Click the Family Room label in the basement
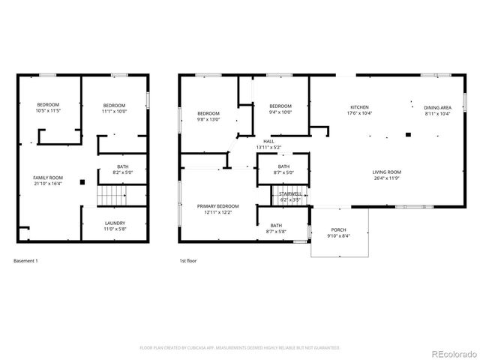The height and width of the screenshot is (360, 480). click(47, 180)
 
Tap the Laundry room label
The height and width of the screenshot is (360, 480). click(115, 225)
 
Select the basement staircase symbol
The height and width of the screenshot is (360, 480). click(111, 196)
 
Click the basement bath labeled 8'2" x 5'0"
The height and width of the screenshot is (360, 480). click(122, 169)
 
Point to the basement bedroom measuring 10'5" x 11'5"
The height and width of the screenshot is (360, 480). click(48, 107)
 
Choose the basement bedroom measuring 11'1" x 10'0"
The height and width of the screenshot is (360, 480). click(114, 107)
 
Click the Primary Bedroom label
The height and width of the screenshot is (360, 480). click(217, 208)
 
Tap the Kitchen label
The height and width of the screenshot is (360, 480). click(360, 109)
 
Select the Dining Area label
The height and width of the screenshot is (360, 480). click(437, 109)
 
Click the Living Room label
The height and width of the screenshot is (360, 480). click(387, 175)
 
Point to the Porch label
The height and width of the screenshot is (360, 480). click(339, 232)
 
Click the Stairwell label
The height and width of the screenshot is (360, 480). click(289, 196)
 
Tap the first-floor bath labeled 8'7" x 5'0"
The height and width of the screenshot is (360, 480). click(283, 169)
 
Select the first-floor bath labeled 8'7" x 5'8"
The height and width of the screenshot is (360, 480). click(276, 228)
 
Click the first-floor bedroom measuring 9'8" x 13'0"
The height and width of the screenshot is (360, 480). click(207, 115)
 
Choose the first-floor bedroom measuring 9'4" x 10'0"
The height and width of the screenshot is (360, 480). click(280, 109)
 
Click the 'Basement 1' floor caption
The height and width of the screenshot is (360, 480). click(25, 261)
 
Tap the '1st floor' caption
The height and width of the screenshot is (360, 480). click(187, 261)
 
